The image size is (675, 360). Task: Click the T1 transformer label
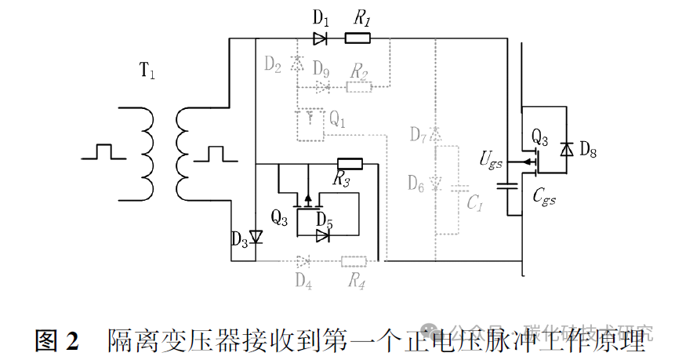pos(147,72)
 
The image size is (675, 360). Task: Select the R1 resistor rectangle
pos(357,38)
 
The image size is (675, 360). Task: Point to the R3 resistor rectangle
pos(350,165)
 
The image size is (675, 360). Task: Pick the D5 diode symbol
pos(323,235)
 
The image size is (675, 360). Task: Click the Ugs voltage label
pos(492,162)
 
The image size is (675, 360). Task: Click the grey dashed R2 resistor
pos(359,86)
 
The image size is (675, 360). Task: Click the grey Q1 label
pos(337,119)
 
